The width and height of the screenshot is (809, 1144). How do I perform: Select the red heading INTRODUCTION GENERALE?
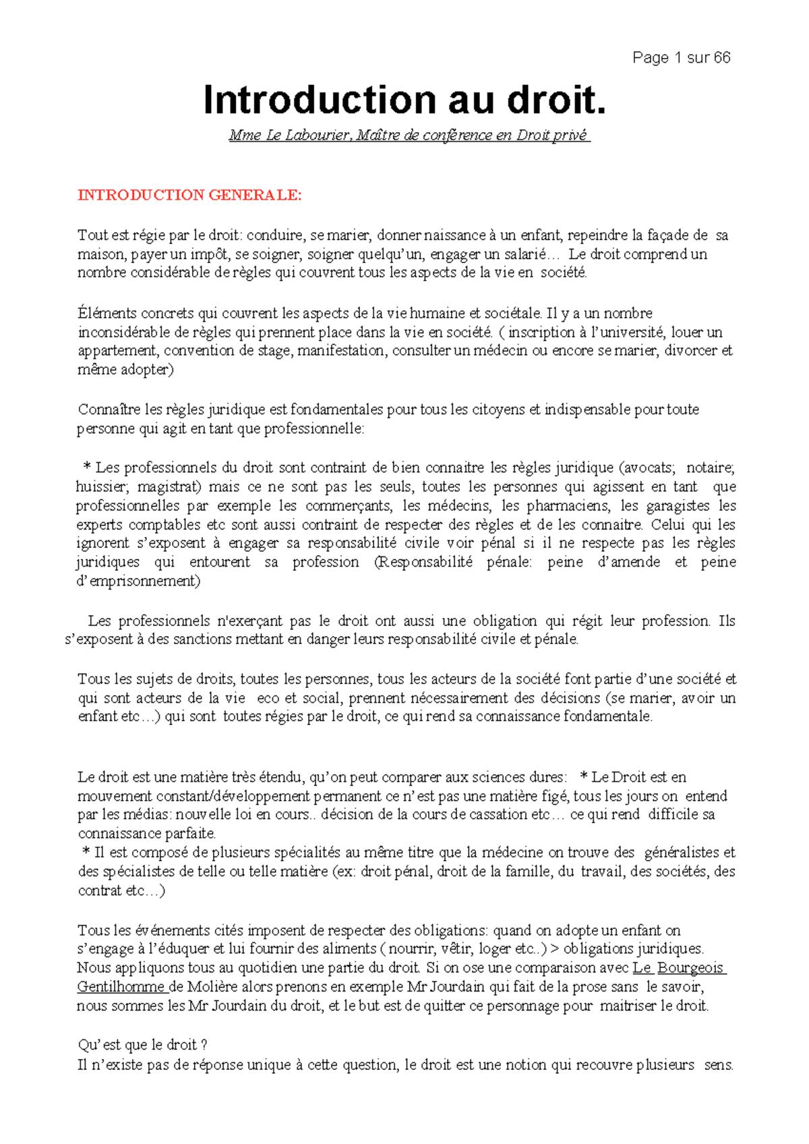point(189,195)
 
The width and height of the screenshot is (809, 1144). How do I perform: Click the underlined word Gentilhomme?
point(121,987)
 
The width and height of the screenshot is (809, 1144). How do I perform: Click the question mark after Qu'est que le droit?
point(204,1045)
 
